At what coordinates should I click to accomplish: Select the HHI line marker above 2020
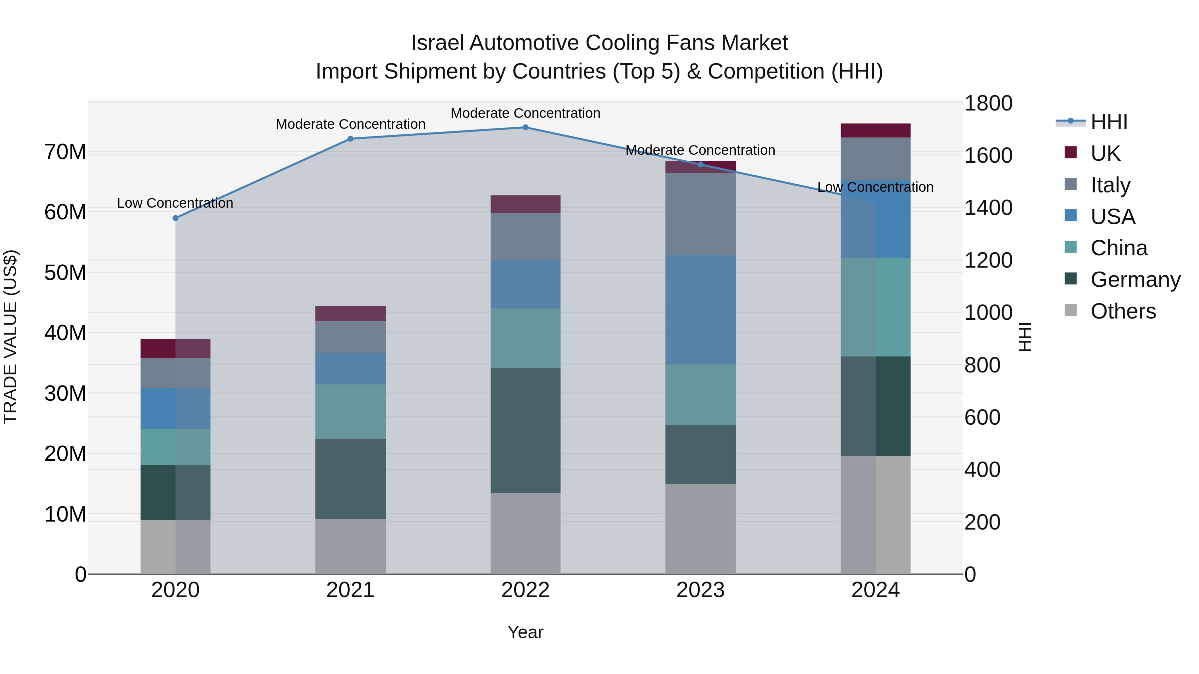(x=176, y=218)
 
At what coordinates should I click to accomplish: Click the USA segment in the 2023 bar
(x=700, y=309)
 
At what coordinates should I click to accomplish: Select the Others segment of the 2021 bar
(x=350, y=547)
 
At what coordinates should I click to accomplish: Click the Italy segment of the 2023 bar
(x=700, y=214)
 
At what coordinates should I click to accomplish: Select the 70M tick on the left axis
(x=65, y=152)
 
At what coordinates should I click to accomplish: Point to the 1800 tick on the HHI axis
(x=988, y=103)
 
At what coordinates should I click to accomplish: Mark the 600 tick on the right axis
(x=982, y=417)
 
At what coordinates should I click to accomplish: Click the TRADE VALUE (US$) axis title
(x=10, y=337)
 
